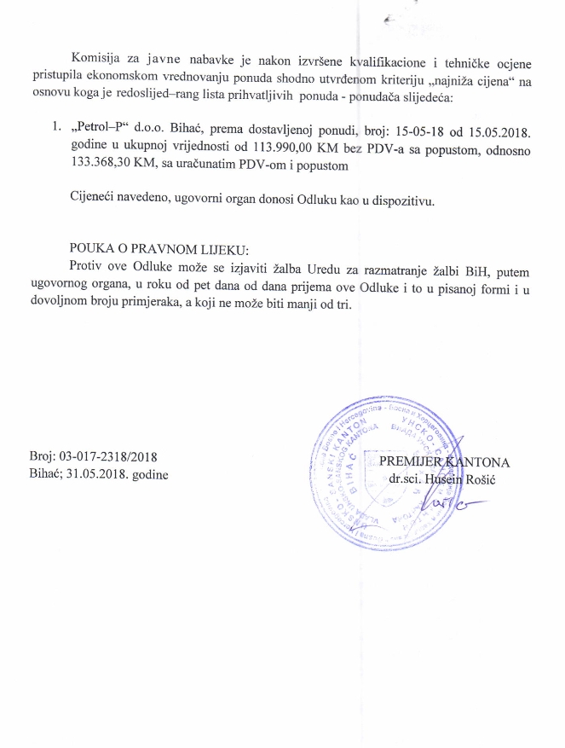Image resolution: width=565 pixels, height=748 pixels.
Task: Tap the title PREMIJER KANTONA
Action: (444, 462)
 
